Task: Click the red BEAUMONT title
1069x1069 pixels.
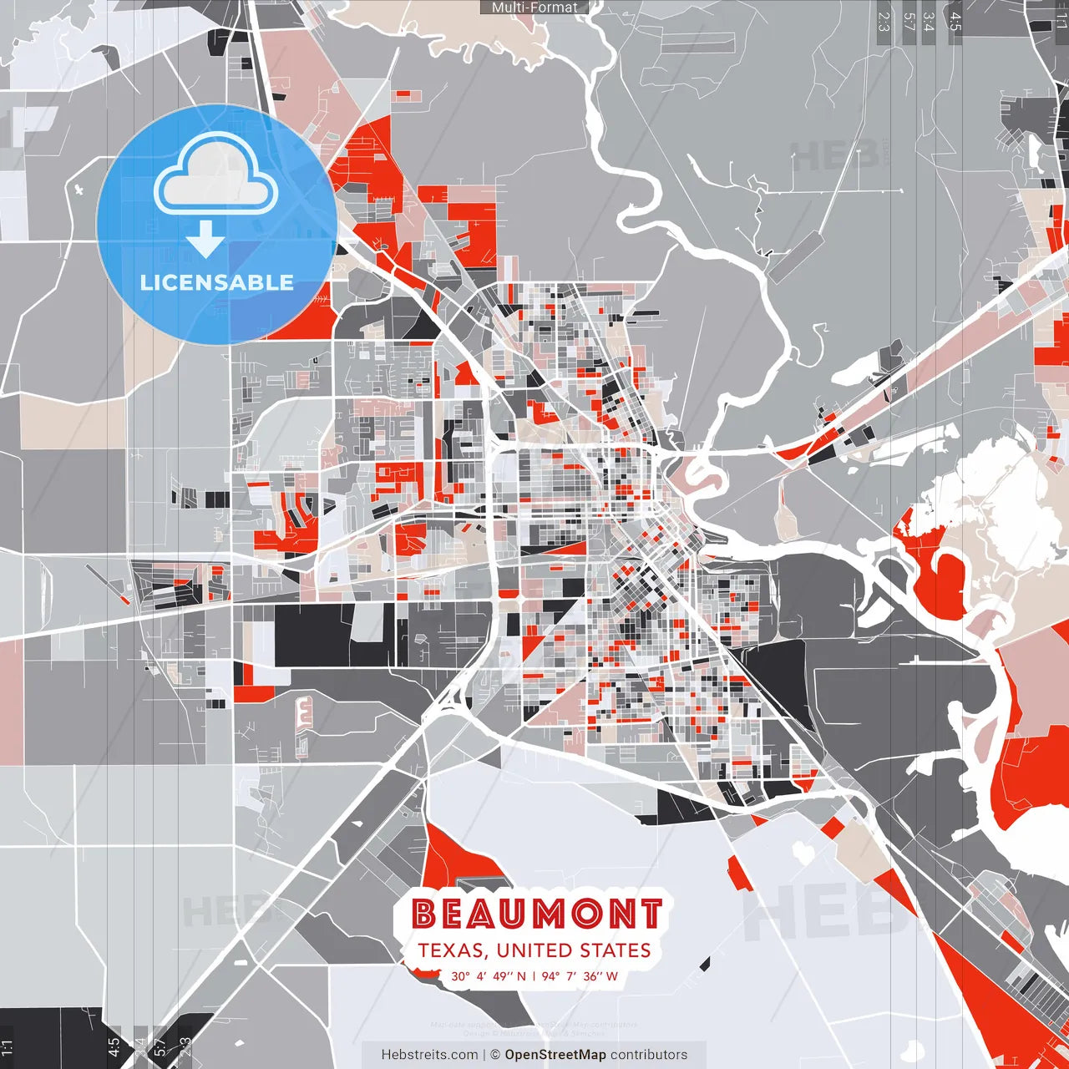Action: pyautogui.click(x=537, y=914)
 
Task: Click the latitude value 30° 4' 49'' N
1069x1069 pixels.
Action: pyautogui.click(x=489, y=975)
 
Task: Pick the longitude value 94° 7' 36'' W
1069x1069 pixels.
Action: pyautogui.click(x=580, y=975)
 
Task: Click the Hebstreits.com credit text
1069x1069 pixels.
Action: pyautogui.click(x=429, y=1055)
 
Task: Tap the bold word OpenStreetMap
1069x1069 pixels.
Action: pyautogui.click(x=555, y=1055)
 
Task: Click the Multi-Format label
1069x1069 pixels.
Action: pyautogui.click(x=534, y=8)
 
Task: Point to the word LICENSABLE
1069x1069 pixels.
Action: pyautogui.click(x=217, y=282)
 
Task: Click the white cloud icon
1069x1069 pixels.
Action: pyautogui.click(x=215, y=177)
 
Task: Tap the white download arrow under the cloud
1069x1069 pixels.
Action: pyautogui.click(x=205, y=239)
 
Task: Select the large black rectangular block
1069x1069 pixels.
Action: pyautogui.click(x=313, y=635)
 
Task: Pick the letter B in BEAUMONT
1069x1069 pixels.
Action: pyautogui.click(x=424, y=914)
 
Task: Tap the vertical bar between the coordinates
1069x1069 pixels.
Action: pyautogui.click(x=534, y=975)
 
